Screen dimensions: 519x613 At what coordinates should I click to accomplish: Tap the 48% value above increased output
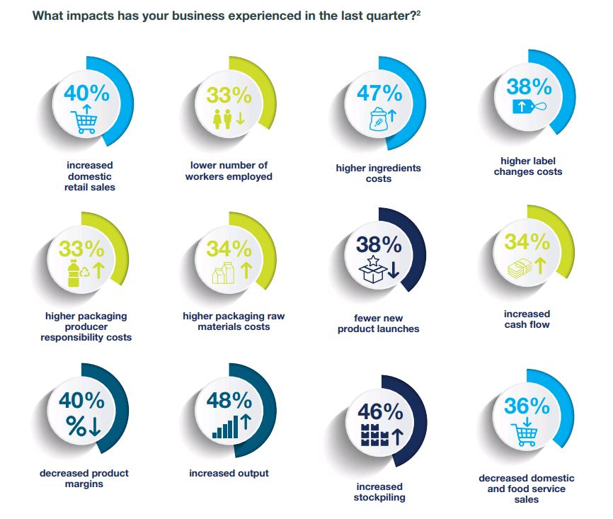coord(229,401)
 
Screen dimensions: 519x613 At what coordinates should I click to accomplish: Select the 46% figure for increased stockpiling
coord(380,412)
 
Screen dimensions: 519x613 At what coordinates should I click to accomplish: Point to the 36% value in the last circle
coord(527,406)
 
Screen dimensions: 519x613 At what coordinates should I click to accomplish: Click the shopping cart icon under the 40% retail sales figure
coord(84,120)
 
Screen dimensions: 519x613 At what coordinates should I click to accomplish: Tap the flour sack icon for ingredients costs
coord(373,120)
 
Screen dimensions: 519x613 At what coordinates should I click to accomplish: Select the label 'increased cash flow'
coord(527,319)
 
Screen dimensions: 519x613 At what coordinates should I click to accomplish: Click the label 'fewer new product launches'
coord(378,324)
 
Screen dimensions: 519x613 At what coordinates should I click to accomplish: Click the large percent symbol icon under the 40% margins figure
coord(77,427)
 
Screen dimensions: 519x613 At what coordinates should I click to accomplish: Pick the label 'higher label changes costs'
coord(528,166)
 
